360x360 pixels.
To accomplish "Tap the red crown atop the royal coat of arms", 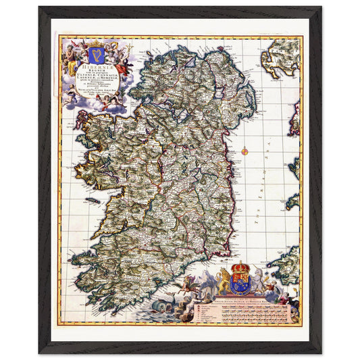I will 240,265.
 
